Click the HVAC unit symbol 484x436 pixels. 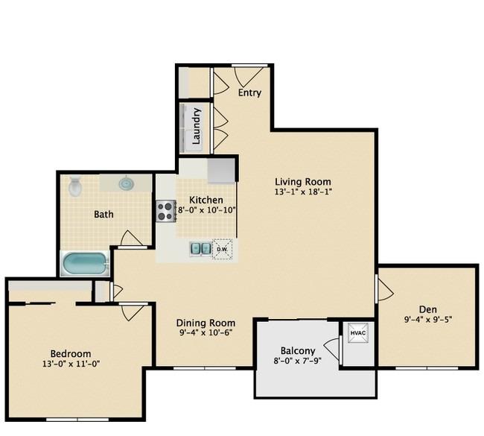pyautogui.click(x=358, y=333)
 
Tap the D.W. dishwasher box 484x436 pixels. pyautogui.click(x=222, y=249)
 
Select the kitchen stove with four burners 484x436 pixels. pyautogui.click(x=166, y=211)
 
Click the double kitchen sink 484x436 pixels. pyautogui.click(x=200, y=249)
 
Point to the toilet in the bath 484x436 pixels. pyautogui.click(x=75, y=186)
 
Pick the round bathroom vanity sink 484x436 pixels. pyautogui.click(x=127, y=184)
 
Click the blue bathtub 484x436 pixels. pyautogui.click(x=86, y=264)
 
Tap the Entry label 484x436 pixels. pyautogui.click(x=249, y=92)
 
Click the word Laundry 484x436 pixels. pyautogui.click(x=197, y=126)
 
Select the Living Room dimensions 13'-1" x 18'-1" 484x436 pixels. pyautogui.click(x=303, y=192)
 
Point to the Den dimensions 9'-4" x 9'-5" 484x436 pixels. pyautogui.click(x=428, y=320)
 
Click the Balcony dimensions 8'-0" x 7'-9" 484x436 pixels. pyautogui.click(x=298, y=361)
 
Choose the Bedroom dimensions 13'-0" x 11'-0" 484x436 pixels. pyautogui.click(x=71, y=364)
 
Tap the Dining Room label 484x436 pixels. pyautogui.click(x=206, y=323)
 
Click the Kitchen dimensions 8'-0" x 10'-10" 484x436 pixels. pyautogui.click(x=207, y=210)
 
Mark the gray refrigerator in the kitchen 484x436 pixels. pyautogui.click(x=221, y=171)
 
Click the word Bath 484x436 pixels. pyautogui.click(x=104, y=214)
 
